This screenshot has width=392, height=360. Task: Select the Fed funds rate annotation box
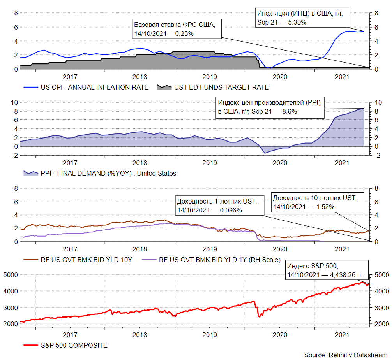[x=177, y=29]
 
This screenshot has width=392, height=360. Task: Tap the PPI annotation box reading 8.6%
[x=270, y=107]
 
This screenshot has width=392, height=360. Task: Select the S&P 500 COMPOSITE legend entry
[x=74, y=345]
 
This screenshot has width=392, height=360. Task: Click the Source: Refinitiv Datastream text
[x=346, y=355]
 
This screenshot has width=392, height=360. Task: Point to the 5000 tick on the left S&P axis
[x=10, y=274]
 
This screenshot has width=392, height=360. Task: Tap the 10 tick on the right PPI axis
[x=377, y=102]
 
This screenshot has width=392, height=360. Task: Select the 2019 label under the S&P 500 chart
[x=210, y=334]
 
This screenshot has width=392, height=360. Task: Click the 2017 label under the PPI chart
[x=70, y=162]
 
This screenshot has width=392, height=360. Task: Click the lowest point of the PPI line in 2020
[x=265, y=153]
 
